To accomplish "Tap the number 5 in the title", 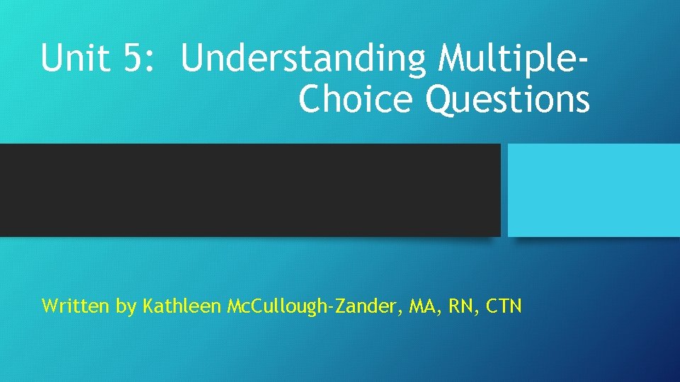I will point(132,59).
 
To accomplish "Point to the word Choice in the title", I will point(357,100).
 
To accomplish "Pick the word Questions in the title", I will point(507,100).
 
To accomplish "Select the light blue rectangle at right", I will point(594,190).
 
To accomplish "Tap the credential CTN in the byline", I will point(504,307).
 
